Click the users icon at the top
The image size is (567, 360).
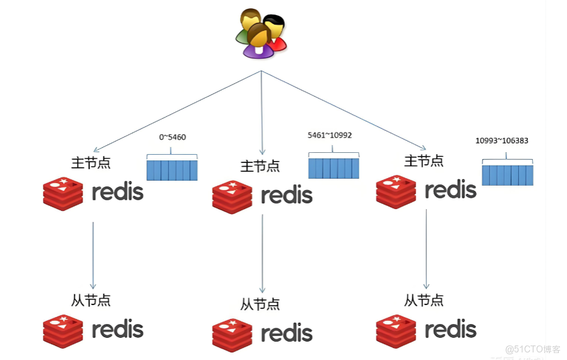coord(261,34)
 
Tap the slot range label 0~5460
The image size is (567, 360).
coord(172,137)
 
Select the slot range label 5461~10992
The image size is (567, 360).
coord(329,135)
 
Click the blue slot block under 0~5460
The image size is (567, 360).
coord(172,170)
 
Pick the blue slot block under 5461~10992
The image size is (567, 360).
coord(333,168)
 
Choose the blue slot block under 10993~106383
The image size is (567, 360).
coord(508,174)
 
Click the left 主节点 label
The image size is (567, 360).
coord(91,162)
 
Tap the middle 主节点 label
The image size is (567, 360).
coord(260,166)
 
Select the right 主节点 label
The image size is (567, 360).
coord(424,161)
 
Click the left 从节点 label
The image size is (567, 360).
coord(91,300)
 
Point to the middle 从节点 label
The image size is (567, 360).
coord(260,304)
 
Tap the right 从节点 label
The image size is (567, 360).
coord(424,299)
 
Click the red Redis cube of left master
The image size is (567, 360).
coord(63,193)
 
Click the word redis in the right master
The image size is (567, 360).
coord(450,189)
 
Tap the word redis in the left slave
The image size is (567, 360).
coord(117,329)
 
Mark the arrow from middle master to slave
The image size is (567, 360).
coord(262,253)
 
